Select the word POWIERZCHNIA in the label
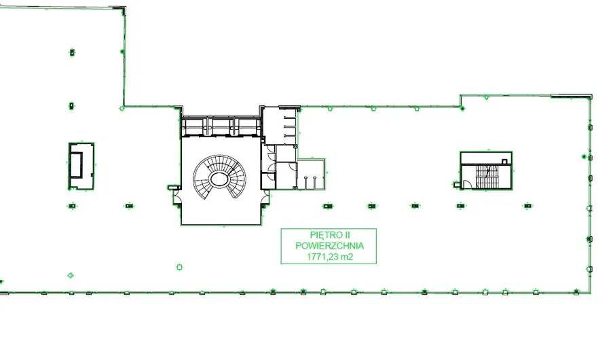pyautogui.click(x=330, y=246)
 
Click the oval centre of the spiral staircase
pyautogui.click(x=219, y=179)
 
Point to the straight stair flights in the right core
pyautogui.click(x=487, y=177)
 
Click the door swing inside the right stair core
pyautogui.click(x=467, y=185)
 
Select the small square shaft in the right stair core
pyautogui.click(x=504, y=162)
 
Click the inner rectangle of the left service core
pyautogui.click(x=76, y=165)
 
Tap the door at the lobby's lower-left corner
pyautogui.click(x=177, y=199)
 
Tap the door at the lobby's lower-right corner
pyautogui.click(x=265, y=199)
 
